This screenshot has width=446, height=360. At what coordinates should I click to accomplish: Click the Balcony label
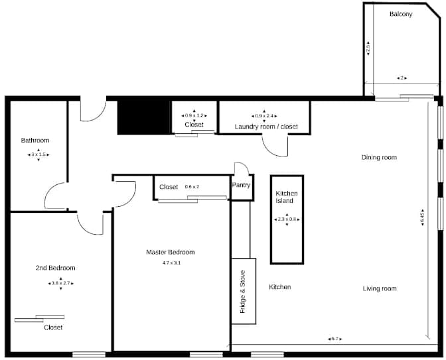coord(401,14)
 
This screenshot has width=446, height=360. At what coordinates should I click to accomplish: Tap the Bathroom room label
coord(35,141)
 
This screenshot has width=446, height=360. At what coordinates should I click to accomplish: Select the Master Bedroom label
coord(171,252)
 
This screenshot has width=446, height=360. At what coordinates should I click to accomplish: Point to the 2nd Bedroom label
coord(55,268)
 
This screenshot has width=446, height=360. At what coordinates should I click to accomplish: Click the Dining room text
coord(379,158)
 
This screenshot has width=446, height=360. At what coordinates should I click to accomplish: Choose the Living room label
coord(380,288)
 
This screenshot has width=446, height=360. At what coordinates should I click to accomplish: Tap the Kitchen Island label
coord(287,197)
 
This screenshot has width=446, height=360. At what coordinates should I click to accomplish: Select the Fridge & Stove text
coord(243,292)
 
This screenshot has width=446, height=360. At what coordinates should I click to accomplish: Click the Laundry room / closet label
coord(266,127)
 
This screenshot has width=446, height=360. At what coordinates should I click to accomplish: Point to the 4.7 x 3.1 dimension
coord(171,263)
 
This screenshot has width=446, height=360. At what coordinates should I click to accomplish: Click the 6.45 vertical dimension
coord(422,218)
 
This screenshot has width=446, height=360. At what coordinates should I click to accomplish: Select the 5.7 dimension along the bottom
coord(334,339)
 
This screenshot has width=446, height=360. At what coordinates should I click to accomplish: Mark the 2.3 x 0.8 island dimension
coord(287,219)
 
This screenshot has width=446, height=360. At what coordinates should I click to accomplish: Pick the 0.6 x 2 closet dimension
coord(192,187)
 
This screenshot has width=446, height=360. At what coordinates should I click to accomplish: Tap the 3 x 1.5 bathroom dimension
coord(38,154)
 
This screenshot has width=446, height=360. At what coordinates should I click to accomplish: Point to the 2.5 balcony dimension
coord(368,48)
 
